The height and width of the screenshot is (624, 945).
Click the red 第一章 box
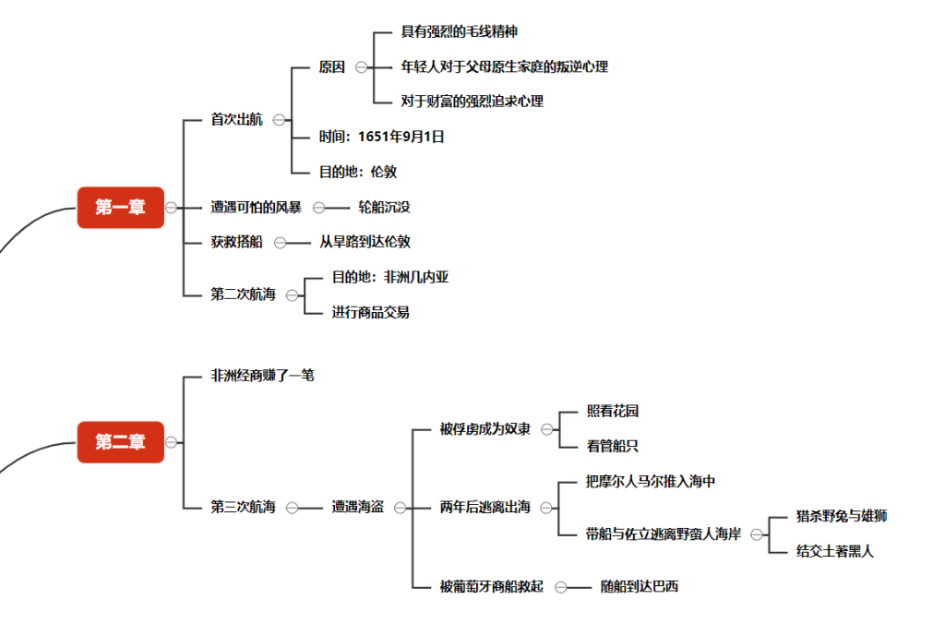(x=120, y=208)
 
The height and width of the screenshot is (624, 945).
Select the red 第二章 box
(x=120, y=442)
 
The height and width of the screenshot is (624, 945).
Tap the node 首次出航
(x=236, y=119)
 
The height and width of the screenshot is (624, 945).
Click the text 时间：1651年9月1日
(x=382, y=137)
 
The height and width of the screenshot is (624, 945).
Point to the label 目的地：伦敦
(x=358, y=172)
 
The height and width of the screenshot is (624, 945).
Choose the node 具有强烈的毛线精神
(x=459, y=31)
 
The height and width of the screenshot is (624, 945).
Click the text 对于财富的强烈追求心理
(x=472, y=102)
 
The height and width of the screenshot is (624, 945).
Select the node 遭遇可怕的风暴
(x=256, y=207)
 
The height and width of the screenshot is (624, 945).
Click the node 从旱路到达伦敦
(x=365, y=242)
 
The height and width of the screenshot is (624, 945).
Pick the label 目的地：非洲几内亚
(x=390, y=277)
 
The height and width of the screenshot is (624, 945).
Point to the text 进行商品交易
(x=371, y=312)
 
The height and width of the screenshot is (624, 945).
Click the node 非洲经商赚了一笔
(x=262, y=376)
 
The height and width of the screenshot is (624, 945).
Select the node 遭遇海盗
(x=358, y=507)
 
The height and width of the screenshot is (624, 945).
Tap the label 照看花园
(x=613, y=411)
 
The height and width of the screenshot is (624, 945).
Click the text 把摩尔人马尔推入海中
(x=651, y=481)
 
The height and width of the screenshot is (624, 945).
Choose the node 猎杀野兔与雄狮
(x=842, y=516)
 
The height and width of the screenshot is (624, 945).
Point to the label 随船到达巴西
(x=639, y=586)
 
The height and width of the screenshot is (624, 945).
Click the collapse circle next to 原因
(x=361, y=67)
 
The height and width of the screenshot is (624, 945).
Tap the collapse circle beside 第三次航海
(x=292, y=507)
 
